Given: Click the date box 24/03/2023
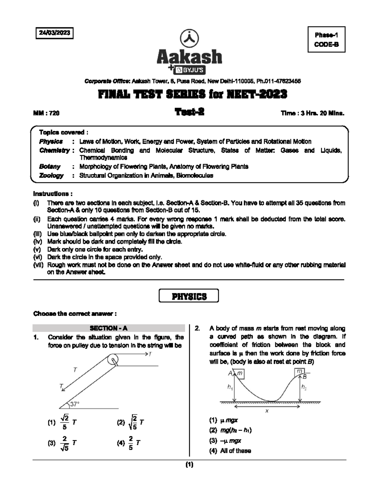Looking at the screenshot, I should click(54, 33).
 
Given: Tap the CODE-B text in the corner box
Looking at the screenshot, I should click(326, 44).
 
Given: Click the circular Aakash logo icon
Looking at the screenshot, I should click(189, 38).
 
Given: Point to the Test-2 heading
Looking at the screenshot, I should click(189, 112).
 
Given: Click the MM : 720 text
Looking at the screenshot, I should click(46, 113).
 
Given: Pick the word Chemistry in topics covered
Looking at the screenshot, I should click(54, 151).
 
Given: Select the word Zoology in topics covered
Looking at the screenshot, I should click(51, 175).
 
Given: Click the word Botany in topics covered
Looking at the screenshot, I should click(50, 166).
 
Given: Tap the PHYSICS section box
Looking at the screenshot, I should click(189, 296).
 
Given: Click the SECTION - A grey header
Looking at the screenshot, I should click(109, 328).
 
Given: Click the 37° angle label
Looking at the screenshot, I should click(75, 404).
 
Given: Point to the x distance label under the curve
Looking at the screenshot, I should click(267, 411).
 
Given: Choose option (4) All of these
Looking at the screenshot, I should click(230, 451).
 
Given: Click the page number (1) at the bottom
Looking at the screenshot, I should click(189, 464).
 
